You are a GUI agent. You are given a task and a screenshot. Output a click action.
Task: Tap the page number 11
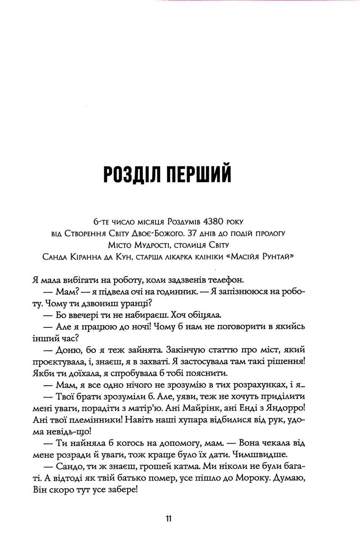168,519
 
